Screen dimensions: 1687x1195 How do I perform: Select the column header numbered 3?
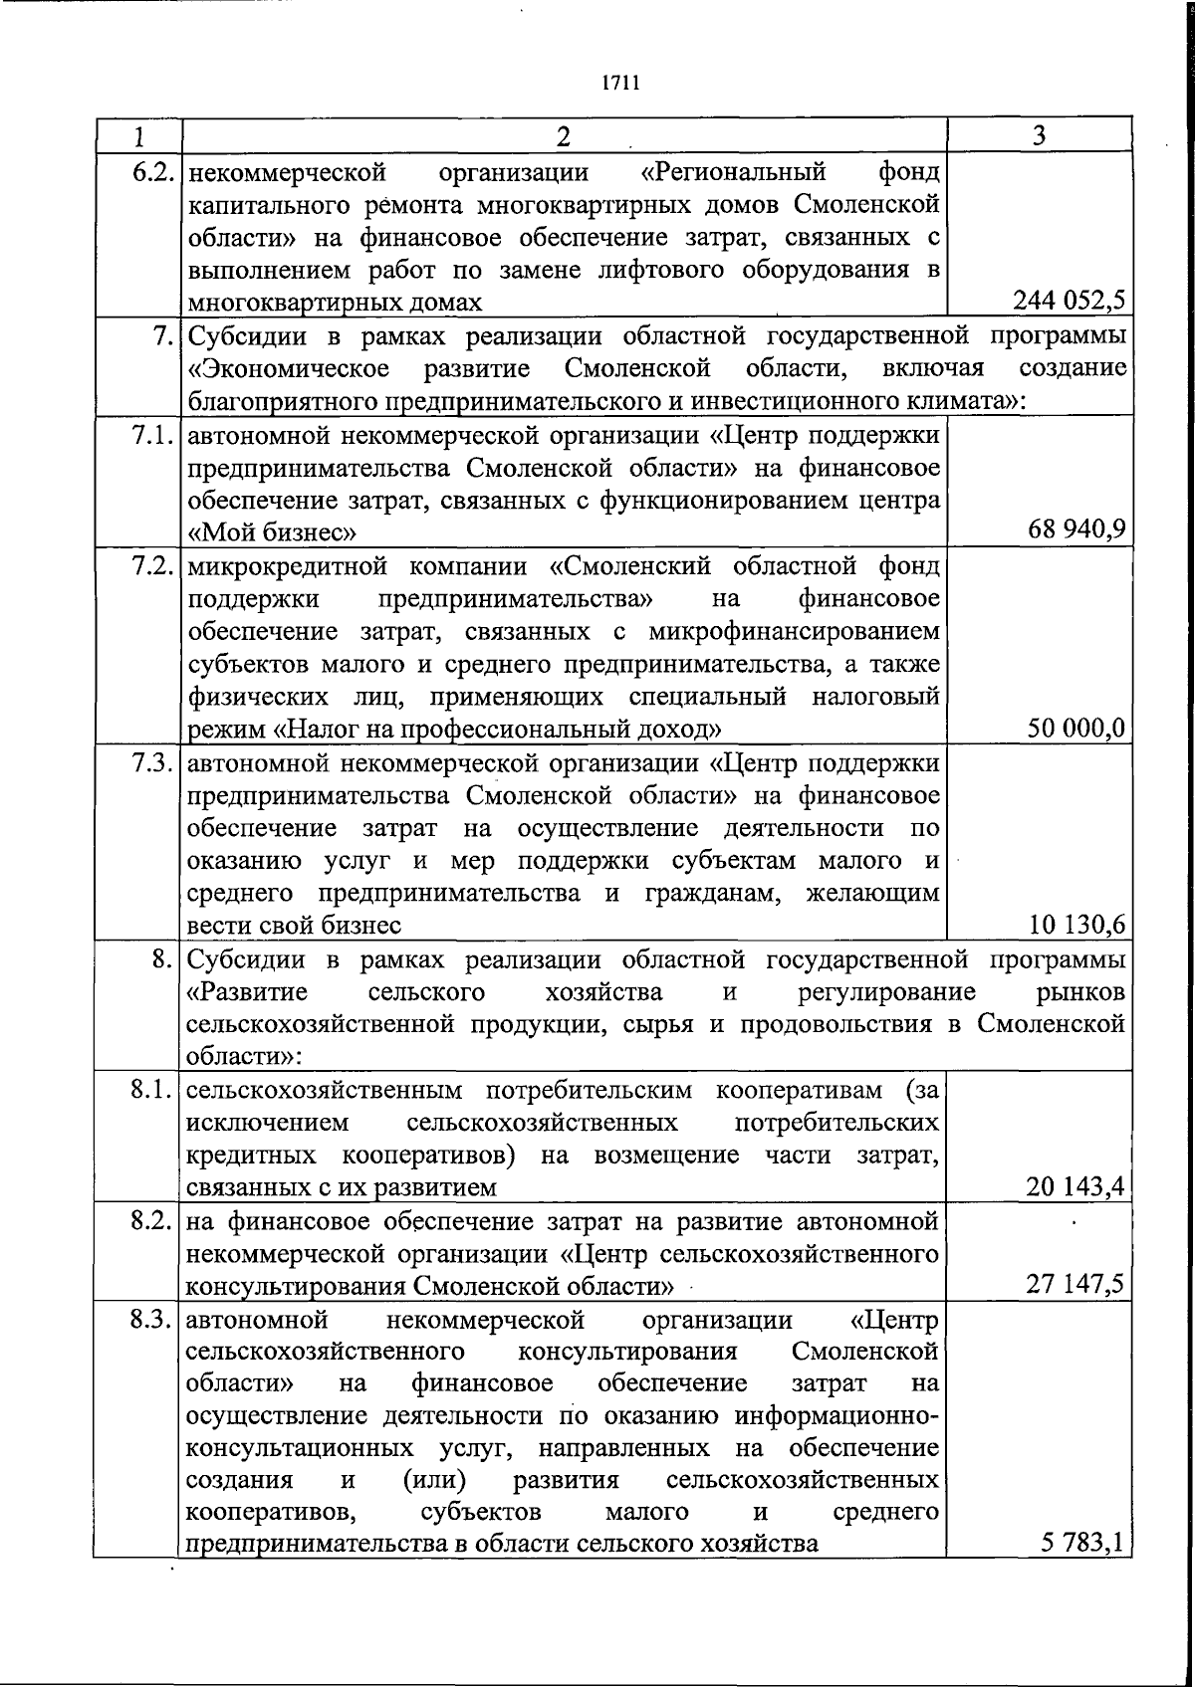coord(1039,135)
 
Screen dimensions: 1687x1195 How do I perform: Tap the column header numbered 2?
coord(564,135)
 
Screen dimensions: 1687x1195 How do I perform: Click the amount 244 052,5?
coord(1070,300)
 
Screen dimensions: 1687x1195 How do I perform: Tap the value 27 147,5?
coord(1076,1283)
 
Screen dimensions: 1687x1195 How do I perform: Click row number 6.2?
coord(154,173)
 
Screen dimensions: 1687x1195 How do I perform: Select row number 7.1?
coord(154,435)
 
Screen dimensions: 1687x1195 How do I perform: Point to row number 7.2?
coord(154,566)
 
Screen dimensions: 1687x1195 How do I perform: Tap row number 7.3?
coord(154,763)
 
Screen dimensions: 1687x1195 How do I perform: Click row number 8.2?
coord(154,1220)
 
